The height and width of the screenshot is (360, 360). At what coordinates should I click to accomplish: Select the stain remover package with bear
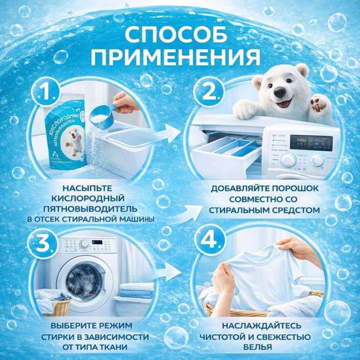point(65,135)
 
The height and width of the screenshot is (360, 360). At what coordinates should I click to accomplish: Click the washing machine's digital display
point(310,143)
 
